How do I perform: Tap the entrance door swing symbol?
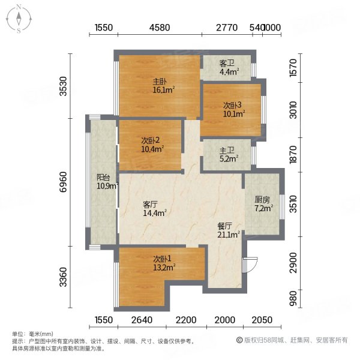[250, 265]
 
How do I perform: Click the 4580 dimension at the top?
[160, 28]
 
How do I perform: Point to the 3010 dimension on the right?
[293, 112]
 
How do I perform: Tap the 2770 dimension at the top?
[227, 28]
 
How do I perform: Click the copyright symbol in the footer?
[238, 340]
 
